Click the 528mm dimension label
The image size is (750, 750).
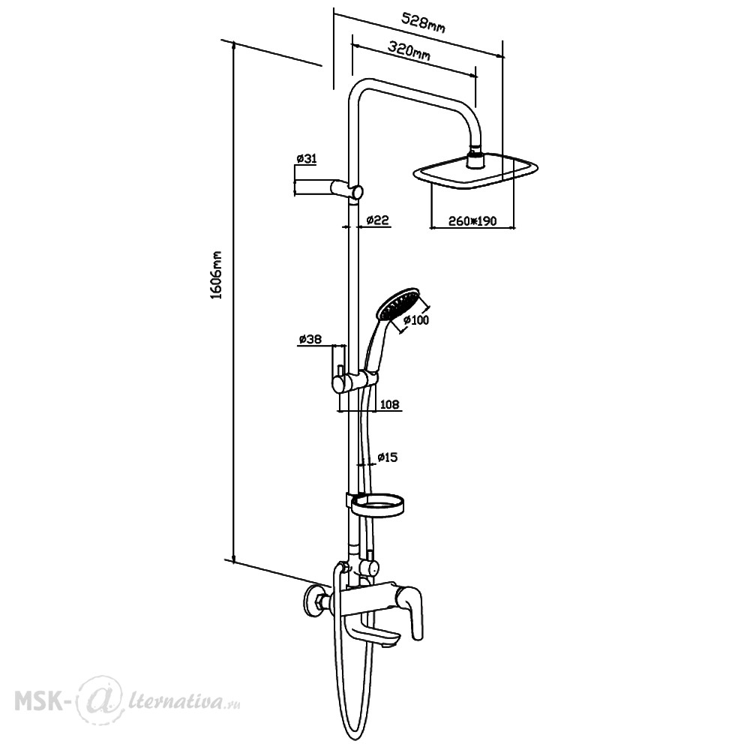coord(423,23)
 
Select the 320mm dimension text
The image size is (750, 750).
coord(409,51)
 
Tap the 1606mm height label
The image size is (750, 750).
coord(217,274)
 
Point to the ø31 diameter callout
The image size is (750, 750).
coord(307,158)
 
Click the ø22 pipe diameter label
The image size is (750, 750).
coord(377,220)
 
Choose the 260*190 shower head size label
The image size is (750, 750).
coord(472,220)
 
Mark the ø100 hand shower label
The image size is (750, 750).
coord(416,319)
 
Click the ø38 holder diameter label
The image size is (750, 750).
coord(310,339)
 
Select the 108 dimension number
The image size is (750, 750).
coord(389,405)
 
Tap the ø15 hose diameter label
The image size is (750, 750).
coord(388,457)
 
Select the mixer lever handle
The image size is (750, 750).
coord(412,613)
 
